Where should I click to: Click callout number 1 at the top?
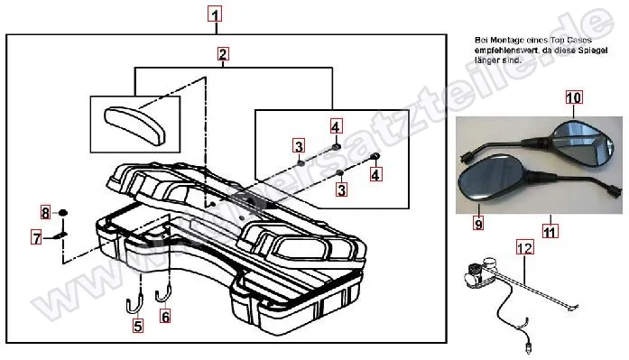coord(214,14)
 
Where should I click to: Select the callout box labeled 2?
coord(222,54)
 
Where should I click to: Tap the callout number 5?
coord(138,328)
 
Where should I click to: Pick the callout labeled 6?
coord(165,316)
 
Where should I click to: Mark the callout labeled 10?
coord(574,97)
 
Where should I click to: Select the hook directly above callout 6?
coord(164,291)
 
